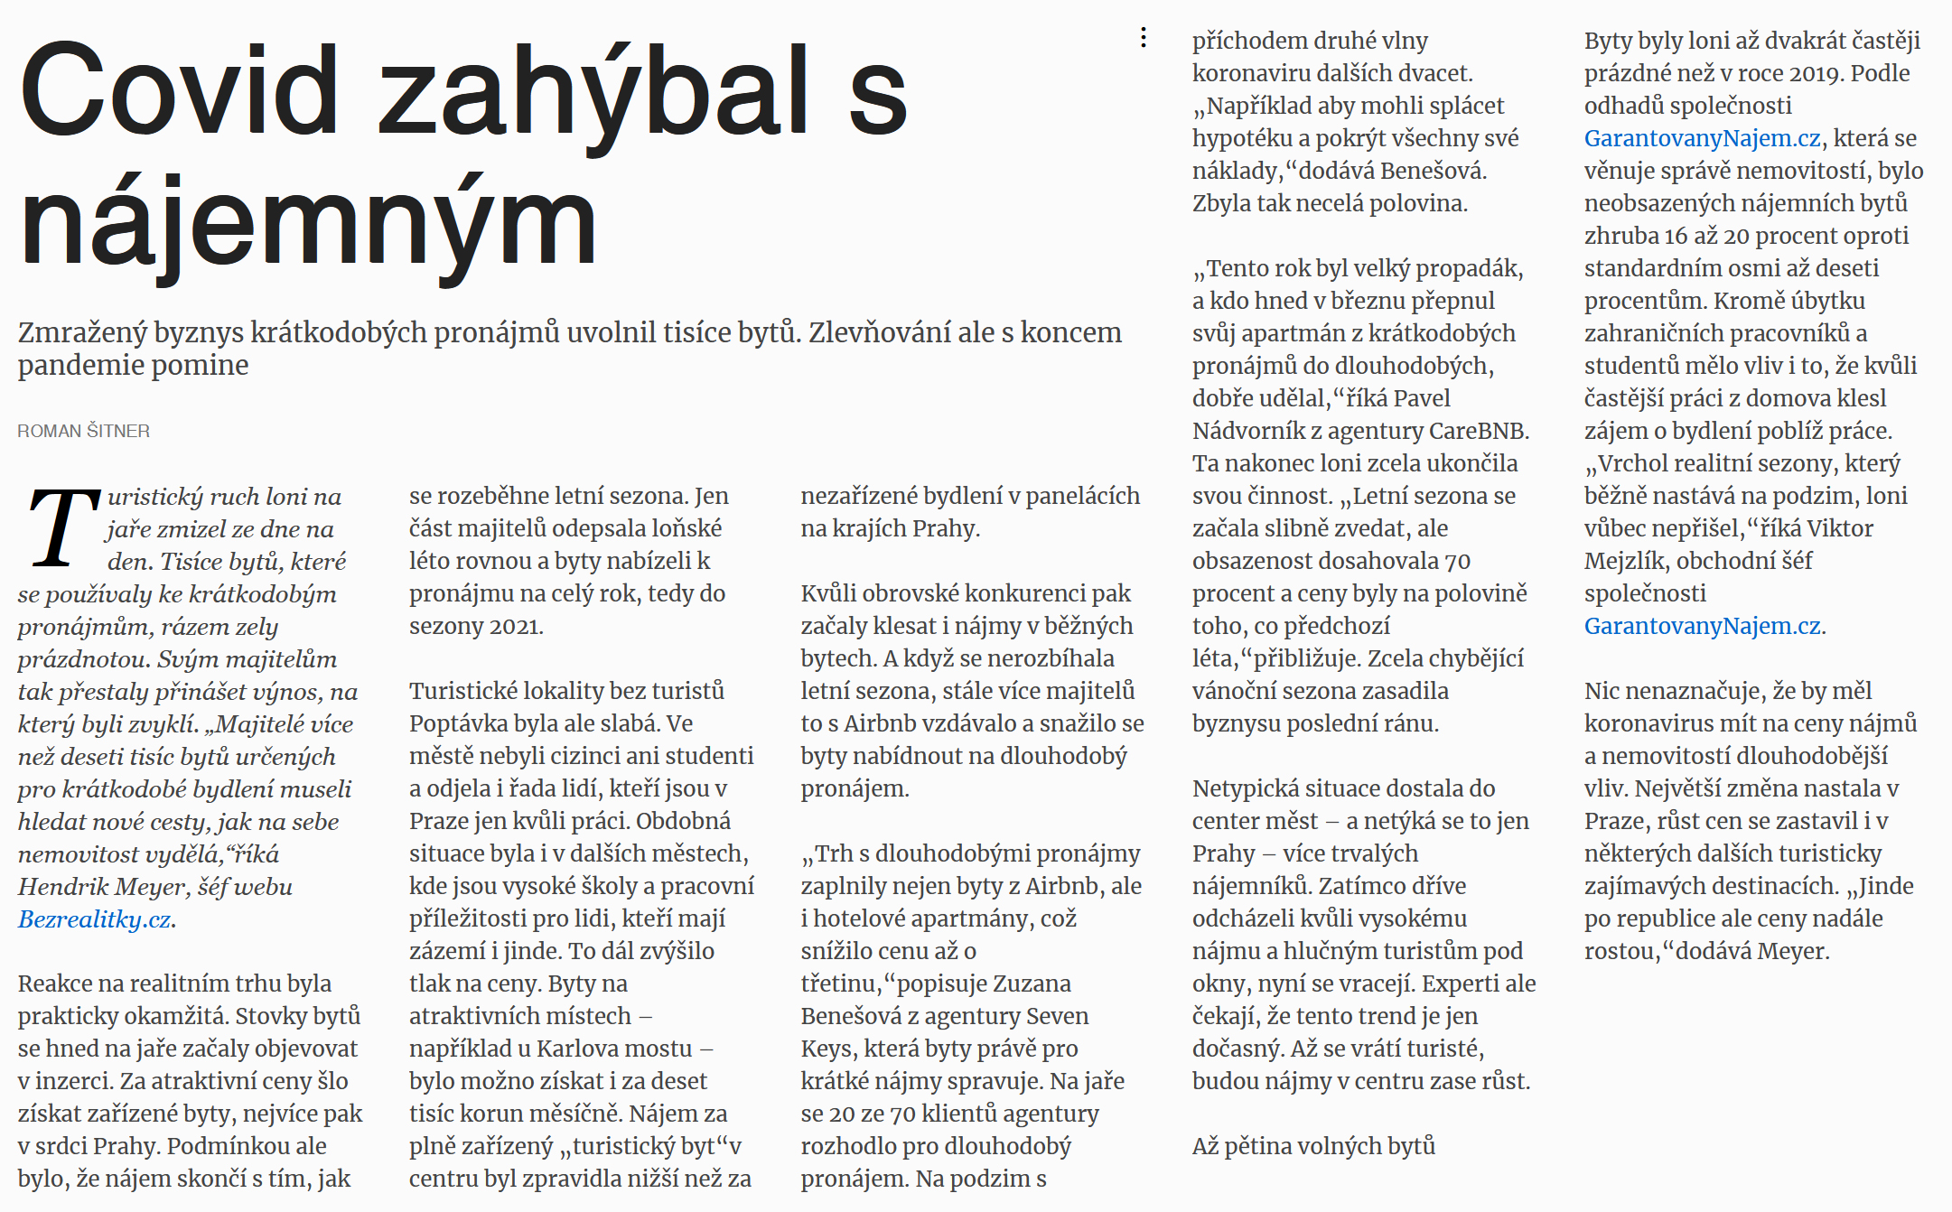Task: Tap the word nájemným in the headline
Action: [307, 223]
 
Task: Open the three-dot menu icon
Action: [1144, 38]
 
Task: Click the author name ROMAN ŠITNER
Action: [84, 432]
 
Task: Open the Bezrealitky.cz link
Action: [94, 919]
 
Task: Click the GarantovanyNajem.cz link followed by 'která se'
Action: [1702, 138]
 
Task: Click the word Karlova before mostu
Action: [569, 1049]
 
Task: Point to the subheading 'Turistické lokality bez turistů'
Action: [566, 691]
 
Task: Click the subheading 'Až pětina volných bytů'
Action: [1313, 1146]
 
